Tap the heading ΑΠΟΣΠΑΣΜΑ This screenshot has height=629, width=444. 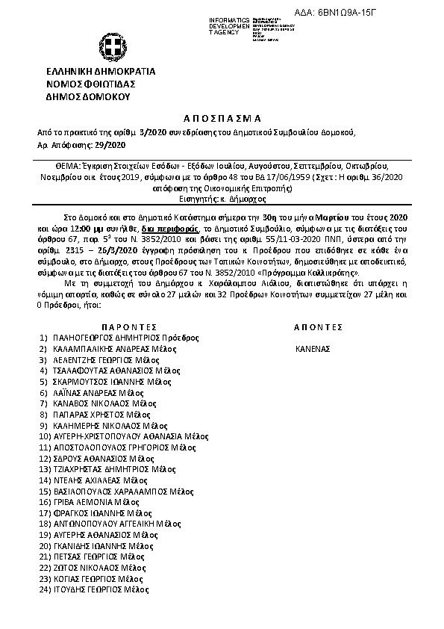point(222,119)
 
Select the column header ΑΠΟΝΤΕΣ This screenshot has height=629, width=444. point(318,327)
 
